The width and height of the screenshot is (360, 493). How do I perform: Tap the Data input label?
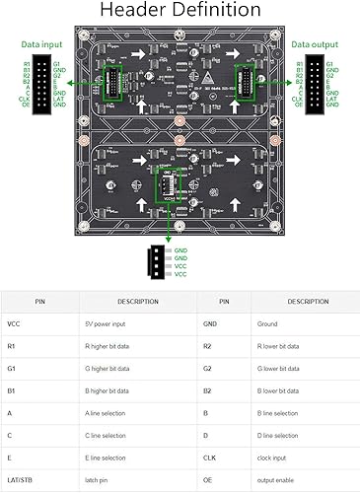click(x=42, y=45)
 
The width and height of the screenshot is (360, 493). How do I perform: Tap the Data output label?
click(x=316, y=45)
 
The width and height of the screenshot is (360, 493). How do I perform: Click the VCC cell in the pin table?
click(x=14, y=323)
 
